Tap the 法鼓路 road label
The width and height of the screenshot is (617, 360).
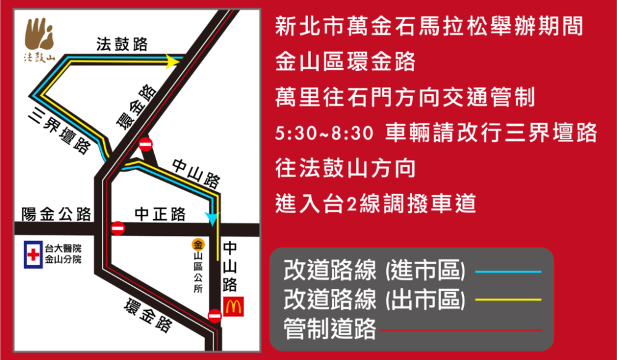[122, 44]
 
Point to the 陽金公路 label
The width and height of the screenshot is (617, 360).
[56, 214]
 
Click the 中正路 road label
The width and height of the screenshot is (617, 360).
[160, 214]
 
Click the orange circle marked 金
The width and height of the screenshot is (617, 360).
[198, 244]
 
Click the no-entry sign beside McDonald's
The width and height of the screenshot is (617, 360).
[215, 316]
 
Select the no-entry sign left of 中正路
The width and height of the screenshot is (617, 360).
[118, 228]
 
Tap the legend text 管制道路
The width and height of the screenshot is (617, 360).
[329, 329]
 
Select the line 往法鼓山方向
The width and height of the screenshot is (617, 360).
[345, 168]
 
